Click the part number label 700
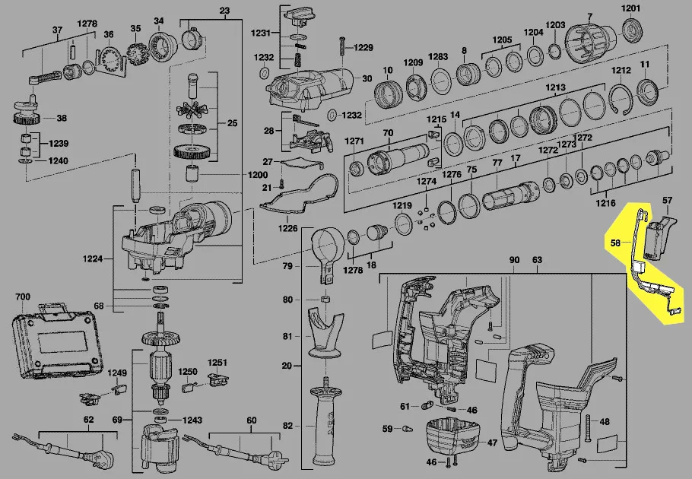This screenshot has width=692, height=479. (21, 296)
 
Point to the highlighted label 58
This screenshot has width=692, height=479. (616, 243)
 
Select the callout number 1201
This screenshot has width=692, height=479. (631, 8)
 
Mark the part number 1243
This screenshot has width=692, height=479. (193, 420)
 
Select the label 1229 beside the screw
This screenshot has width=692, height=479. (362, 47)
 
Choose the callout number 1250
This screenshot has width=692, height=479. (188, 372)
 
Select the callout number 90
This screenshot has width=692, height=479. (515, 261)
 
